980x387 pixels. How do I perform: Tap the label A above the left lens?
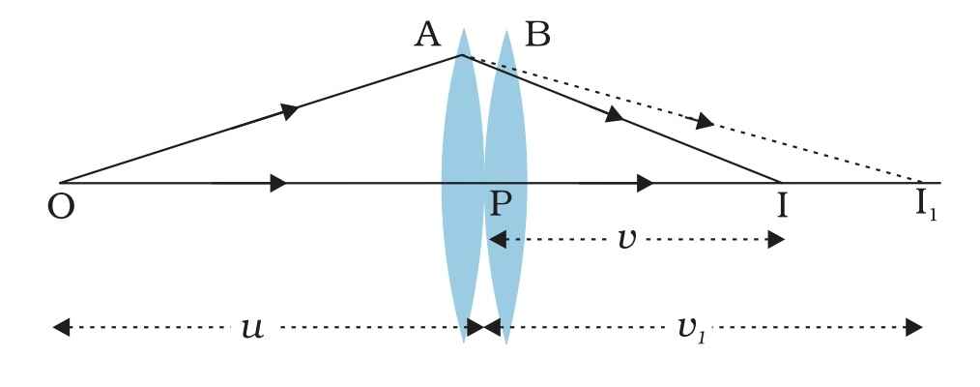(426, 36)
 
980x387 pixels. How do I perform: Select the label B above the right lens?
(536, 36)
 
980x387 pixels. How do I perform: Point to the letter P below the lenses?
(501, 206)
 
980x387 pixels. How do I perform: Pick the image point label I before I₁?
(780, 207)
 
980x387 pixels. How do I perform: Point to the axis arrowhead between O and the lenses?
(277, 182)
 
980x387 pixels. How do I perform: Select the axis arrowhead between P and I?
(645, 182)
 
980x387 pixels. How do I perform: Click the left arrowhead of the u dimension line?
(61, 328)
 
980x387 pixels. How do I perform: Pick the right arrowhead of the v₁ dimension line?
(913, 328)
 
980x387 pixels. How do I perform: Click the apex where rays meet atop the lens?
(462, 55)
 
